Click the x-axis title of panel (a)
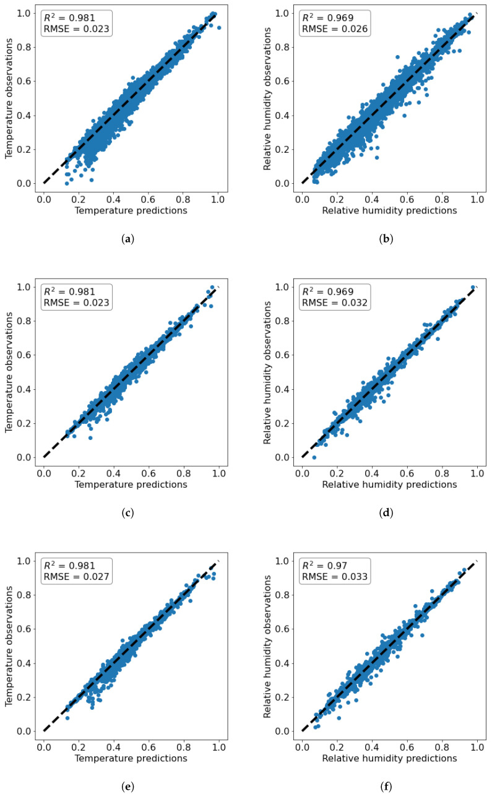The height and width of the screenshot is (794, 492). pyautogui.click(x=131, y=210)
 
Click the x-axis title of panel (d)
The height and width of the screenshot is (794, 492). pyautogui.click(x=389, y=485)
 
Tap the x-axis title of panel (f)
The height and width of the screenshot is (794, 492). pyautogui.click(x=389, y=758)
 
